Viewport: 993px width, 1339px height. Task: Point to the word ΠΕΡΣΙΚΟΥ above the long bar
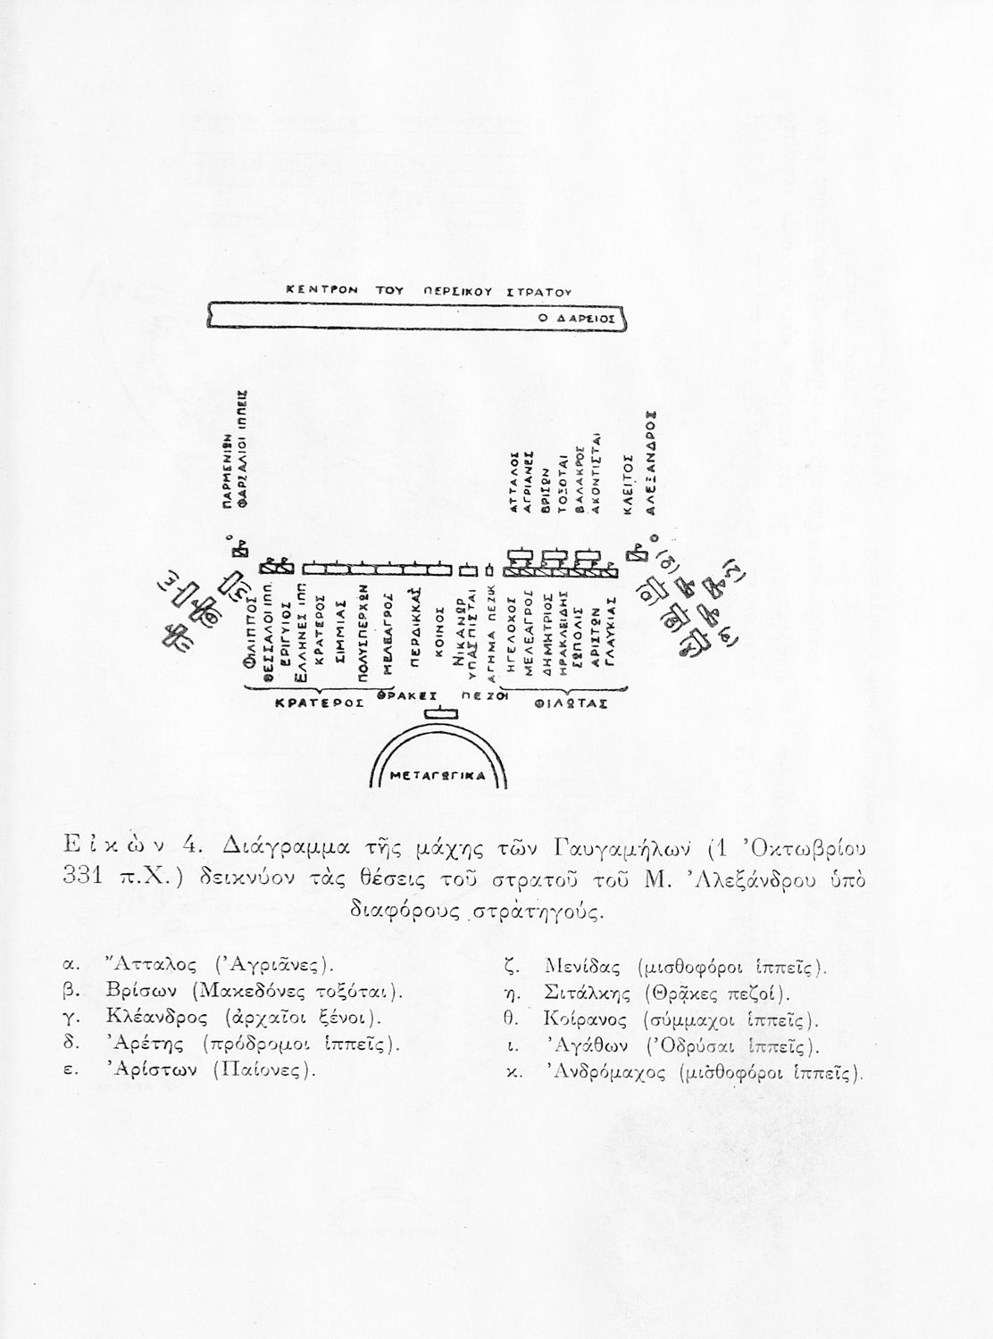[454, 291]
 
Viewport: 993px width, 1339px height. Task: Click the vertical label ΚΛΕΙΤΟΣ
[629, 483]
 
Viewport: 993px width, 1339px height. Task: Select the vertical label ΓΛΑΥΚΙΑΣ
[611, 630]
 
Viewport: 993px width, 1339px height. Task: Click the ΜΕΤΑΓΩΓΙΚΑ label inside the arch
[438, 777]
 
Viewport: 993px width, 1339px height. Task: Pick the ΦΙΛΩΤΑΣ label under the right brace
[571, 703]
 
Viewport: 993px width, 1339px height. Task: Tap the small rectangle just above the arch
[439, 713]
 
